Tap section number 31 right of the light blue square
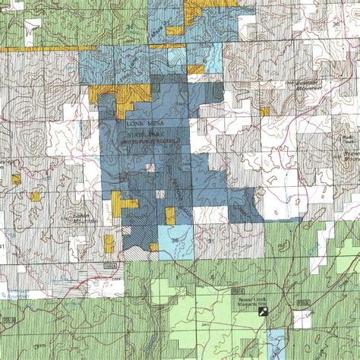click(210, 242)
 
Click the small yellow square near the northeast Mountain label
click(264, 112)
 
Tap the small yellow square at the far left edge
click(16, 179)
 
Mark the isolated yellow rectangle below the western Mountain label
click(109, 243)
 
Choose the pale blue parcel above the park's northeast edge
click(213, 57)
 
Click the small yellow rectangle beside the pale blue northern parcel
click(196, 69)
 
